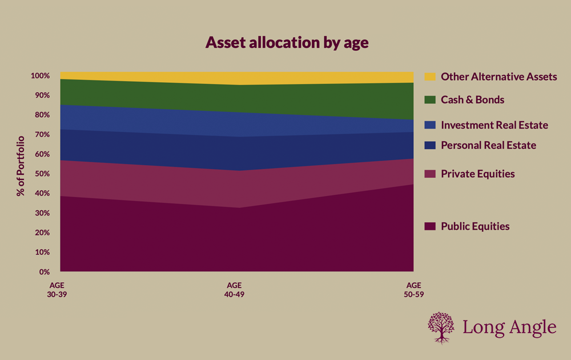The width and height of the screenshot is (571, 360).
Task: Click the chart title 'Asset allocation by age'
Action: [x=285, y=43]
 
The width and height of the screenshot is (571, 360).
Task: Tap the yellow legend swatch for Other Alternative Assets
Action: [x=430, y=77]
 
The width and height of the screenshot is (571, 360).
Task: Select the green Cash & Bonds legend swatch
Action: [x=430, y=100]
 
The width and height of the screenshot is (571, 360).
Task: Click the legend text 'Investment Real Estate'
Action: [x=494, y=125]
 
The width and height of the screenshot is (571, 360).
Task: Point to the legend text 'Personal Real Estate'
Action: [x=488, y=145]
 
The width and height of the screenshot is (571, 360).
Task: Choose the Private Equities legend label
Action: [x=477, y=174]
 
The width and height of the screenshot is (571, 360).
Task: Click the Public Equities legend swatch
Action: [x=430, y=226]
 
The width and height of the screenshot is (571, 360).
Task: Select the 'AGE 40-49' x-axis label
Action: [x=235, y=289]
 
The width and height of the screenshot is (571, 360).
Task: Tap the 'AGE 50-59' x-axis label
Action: [x=413, y=289]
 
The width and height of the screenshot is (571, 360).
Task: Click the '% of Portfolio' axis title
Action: [x=21, y=166]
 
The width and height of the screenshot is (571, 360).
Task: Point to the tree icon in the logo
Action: [x=441, y=327]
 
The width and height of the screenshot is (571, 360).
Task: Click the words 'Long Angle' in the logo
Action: [x=509, y=327]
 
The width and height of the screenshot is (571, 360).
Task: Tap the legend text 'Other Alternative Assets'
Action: [x=498, y=77]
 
